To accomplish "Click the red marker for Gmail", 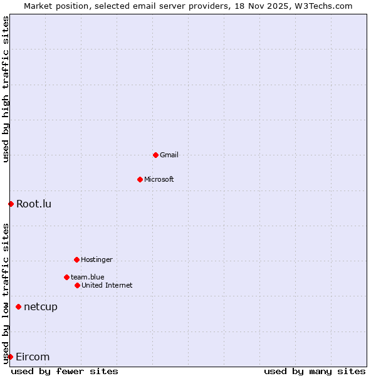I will (155, 155).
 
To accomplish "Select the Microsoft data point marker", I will (140, 179).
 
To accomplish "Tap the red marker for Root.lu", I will (11, 204).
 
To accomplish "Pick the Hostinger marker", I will (76, 259).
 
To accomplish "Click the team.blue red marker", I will (66, 277).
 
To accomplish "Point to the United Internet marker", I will (77, 285).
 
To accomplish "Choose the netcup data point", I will (18, 306).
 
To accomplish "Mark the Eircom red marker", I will (10, 357).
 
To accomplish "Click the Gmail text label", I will (169, 155).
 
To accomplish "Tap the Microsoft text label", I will (159, 179).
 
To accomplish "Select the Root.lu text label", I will (34, 204).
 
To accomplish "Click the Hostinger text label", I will (97, 259).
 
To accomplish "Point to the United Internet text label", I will (107, 285).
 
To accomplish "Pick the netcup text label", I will (41, 306).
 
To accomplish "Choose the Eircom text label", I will (33, 357).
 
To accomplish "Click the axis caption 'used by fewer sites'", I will (65, 371).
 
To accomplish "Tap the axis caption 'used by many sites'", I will (315, 371).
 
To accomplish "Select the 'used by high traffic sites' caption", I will (6, 89).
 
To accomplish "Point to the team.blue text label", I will (88, 277).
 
